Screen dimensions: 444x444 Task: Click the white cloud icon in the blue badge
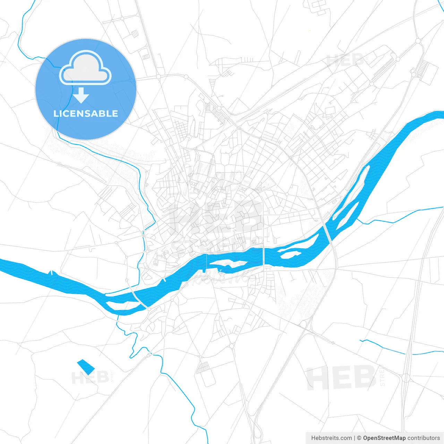(85, 68)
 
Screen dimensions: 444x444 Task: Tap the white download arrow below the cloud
(81, 95)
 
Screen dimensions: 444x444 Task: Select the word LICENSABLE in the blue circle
(86, 113)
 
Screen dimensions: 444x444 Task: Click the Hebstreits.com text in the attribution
(331, 438)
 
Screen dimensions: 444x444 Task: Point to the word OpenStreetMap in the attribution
(384, 438)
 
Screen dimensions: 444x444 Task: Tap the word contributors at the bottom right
(424, 438)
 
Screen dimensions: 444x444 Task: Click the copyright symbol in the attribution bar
(359, 438)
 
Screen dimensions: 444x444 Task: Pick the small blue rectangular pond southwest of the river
(85, 367)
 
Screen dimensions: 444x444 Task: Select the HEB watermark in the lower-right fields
(341, 378)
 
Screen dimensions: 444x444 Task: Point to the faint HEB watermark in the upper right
(345, 60)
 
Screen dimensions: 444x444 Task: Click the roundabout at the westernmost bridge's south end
(148, 308)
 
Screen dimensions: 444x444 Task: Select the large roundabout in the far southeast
(405, 378)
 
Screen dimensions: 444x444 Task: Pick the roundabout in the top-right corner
(418, 41)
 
